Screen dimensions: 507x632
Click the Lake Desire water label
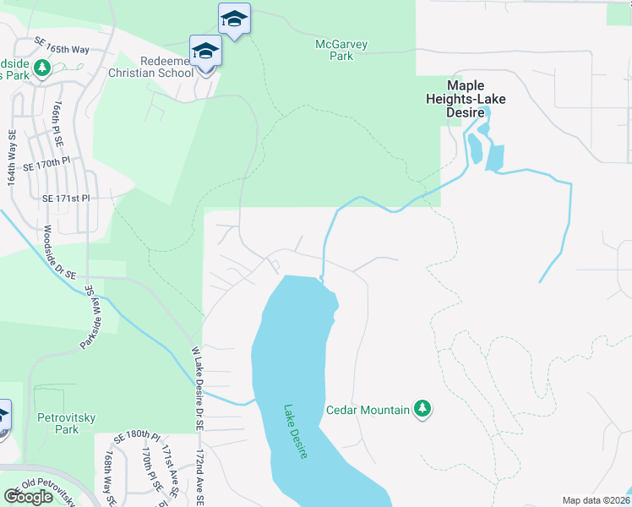295,431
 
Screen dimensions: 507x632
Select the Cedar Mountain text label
368,410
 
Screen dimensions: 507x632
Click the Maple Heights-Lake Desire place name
465,99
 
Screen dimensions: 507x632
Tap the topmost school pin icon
234,19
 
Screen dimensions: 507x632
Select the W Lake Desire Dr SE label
197,389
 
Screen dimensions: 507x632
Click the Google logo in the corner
29,497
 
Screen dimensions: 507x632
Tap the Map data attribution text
597,500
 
